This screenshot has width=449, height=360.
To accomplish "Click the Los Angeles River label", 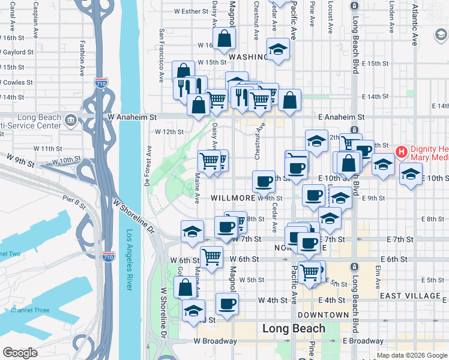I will [130, 261].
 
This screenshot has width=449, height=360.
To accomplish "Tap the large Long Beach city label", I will [294, 328].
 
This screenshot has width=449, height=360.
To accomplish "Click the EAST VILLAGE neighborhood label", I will [411, 296].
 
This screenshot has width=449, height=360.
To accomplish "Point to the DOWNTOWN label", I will [323, 315].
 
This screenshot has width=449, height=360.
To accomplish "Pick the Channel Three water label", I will [30, 310].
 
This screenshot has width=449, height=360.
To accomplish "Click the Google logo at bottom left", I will [20, 352].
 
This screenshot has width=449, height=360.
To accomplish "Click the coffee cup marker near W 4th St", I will [227, 303].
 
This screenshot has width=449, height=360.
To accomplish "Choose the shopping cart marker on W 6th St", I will [211, 256].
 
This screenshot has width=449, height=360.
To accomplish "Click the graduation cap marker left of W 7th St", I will [192, 231].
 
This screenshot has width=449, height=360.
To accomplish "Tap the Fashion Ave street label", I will [82, 58].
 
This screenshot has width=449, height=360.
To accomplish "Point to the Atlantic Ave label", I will [415, 28].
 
